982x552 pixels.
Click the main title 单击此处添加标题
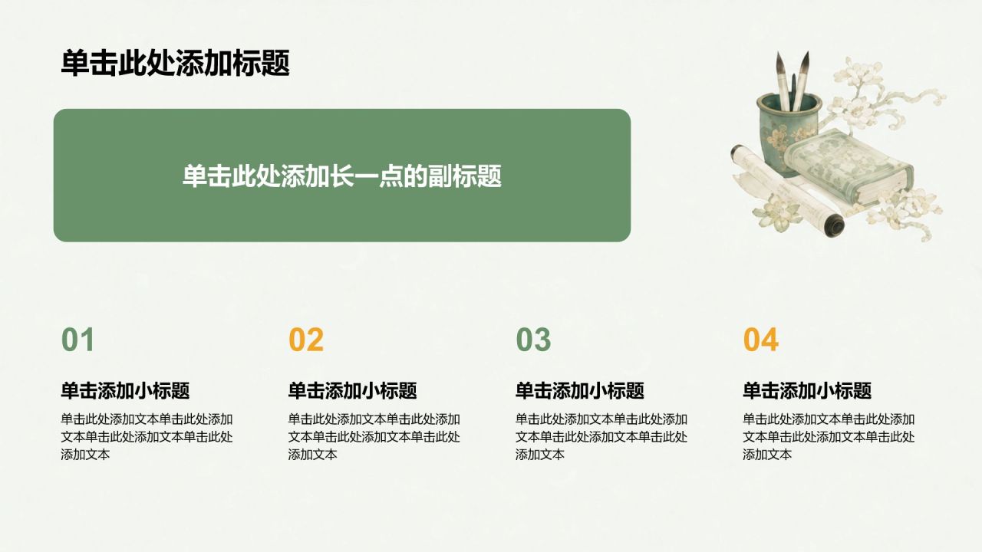[176, 64]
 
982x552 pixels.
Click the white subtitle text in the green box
[342, 176]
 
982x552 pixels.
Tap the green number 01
[77, 340]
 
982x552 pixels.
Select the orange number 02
[306, 340]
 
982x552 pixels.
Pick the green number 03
[533, 340]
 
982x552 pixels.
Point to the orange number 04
[760, 340]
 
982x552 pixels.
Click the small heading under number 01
[125, 390]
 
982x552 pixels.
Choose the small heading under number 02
[352, 390]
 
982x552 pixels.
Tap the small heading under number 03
[579, 390]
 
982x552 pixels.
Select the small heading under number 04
[807, 390]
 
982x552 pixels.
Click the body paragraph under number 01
[147, 437]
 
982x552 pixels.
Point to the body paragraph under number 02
[374, 437]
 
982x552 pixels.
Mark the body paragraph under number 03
[601, 437]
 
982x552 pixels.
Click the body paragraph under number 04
[829, 437]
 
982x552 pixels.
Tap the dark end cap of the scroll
[834, 225]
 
